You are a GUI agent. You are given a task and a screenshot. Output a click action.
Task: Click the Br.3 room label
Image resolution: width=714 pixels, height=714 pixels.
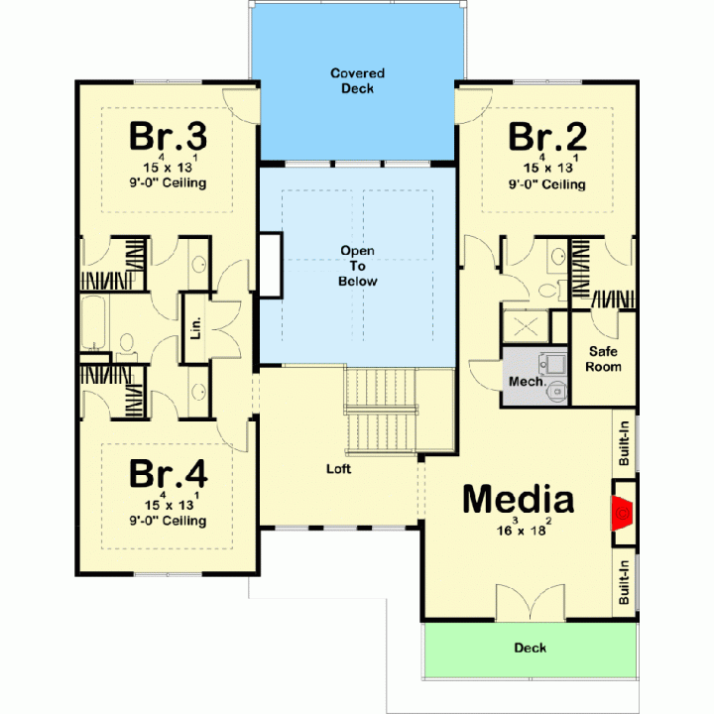[x=168, y=136]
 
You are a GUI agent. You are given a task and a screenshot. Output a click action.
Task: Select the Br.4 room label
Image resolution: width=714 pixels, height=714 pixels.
[x=169, y=473]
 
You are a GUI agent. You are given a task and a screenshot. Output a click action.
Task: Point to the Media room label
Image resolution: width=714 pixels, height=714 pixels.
[x=519, y=499]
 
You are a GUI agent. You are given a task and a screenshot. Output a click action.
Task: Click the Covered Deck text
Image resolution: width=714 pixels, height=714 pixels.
[x=357, y=80]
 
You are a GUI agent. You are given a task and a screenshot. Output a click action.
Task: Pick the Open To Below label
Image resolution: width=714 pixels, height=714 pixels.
[x=357, y=266]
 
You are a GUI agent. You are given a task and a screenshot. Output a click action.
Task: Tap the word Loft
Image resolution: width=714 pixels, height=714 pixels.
[x=338, y=468]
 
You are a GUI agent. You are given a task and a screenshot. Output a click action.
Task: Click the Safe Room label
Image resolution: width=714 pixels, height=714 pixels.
[x=603, y=359]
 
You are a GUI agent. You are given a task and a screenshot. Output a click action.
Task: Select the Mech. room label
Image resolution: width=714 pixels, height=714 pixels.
[x=527, y=381]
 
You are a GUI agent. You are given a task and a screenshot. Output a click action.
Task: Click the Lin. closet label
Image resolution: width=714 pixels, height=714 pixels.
[x=195, y=327]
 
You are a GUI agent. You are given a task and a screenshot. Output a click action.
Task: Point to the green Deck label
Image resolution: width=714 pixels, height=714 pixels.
[x=530, y=648]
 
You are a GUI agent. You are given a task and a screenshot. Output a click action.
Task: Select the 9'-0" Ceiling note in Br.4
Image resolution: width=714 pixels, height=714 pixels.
[x=168, y=521]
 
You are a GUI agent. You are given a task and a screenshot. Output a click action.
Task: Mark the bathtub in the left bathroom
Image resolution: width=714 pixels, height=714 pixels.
[x=93, y=322]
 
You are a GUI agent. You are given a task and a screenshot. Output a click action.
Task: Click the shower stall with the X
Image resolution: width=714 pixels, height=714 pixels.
[x=526, y=326]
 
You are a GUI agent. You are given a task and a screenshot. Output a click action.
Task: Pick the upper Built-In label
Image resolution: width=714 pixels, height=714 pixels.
[x=624, y=443]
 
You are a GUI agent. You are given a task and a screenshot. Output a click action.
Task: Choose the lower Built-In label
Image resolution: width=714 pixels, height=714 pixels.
[x=624, y=582]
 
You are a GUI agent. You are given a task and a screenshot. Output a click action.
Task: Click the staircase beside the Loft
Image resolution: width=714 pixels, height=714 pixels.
[x=380, y=411]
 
